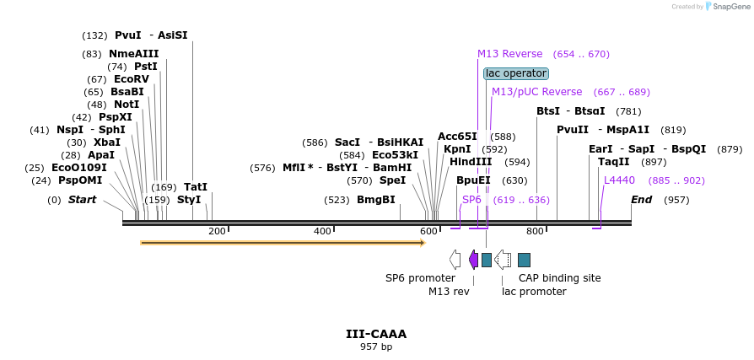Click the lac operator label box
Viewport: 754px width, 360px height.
point(516,73)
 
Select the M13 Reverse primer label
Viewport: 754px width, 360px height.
point(509,54)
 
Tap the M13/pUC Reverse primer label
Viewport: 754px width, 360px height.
point(536,92)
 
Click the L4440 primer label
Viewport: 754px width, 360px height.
point(619,180)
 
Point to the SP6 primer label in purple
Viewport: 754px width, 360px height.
point(471,200)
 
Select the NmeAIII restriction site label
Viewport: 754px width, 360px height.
point(133,54)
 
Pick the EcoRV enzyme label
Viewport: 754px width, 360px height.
point(131,79)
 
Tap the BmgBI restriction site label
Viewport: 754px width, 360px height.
point(375,200)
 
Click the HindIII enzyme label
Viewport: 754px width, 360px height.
point(471,162)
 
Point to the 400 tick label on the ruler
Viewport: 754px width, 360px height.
point(322,232)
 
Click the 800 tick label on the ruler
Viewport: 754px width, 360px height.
point(535,232)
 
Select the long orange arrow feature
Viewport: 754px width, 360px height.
point(283,243)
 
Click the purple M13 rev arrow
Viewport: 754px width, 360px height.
point(473,259)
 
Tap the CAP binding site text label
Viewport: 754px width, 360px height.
point(559,278)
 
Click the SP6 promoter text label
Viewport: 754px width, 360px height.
point(420,278)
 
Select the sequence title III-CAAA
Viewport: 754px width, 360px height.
point(376,334)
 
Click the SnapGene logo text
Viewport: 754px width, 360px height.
point(730,7)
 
